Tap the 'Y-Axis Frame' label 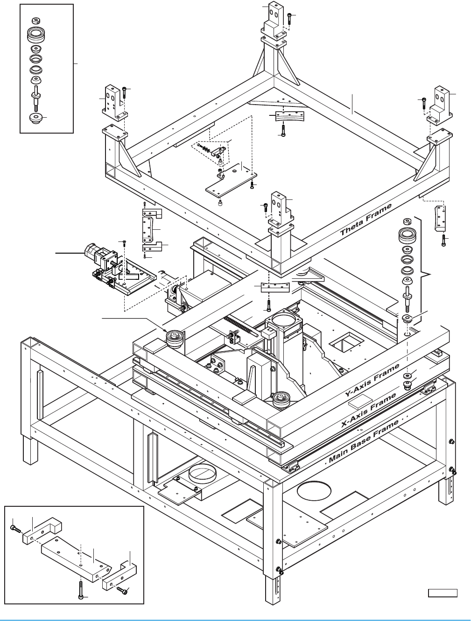tap(373, 380)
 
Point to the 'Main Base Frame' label tap(364, 441)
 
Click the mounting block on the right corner tap(440, 105)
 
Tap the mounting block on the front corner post tap(281, 208)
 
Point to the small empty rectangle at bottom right tap(443, 593)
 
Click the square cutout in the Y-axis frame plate tap(345, 345)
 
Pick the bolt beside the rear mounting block tap(289, 18)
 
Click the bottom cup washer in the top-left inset tap(35, 118)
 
